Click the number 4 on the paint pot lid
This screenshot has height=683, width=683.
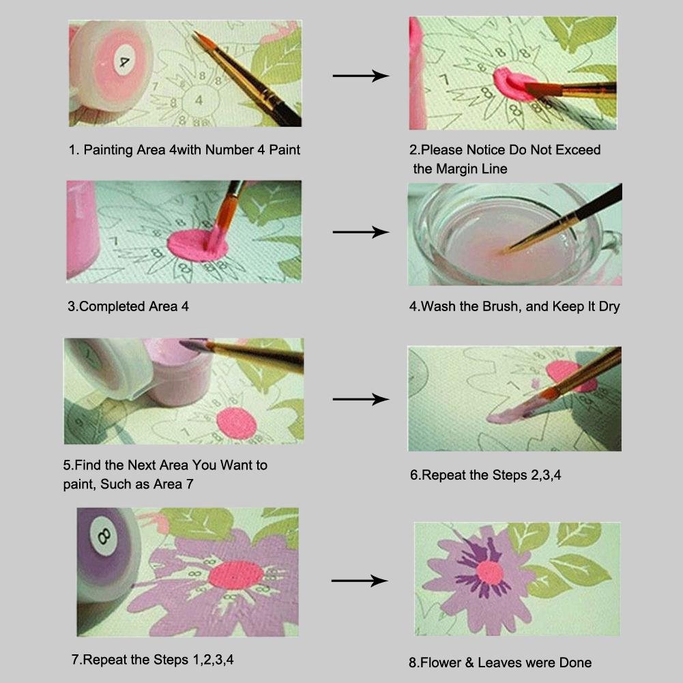pos(124,61)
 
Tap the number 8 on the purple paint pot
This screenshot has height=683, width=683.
pos(104,536)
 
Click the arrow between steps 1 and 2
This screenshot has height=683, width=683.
pos(361,76)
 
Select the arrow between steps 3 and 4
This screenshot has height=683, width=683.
pos(361,232)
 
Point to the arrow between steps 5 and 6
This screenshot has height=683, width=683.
pos(361,399)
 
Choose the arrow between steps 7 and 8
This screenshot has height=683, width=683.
pos(360,581)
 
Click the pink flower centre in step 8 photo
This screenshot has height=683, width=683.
pos(490,572)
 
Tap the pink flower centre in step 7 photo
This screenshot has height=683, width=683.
pos(235,575)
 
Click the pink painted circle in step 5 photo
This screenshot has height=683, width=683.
pos(237,424)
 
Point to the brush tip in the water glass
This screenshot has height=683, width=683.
pos(501,252)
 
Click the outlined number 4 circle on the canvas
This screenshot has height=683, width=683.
pos(199,100)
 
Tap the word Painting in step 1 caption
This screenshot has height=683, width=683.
pos(108,150)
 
